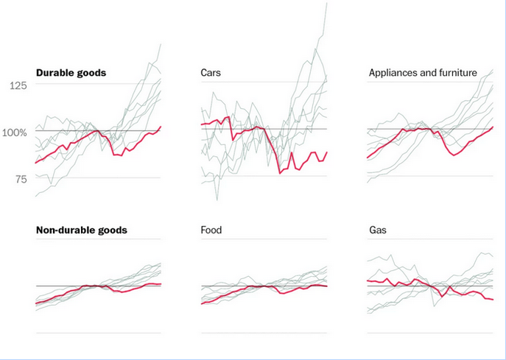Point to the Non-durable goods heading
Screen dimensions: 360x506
[81, 230]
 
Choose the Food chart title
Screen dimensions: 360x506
[211, 230]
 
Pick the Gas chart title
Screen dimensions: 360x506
[377, 230]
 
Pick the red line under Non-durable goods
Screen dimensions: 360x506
[74, 292]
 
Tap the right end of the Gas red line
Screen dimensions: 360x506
[492, 300]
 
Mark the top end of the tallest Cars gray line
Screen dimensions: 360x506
[326, 3]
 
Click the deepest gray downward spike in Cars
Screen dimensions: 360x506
[217, 200]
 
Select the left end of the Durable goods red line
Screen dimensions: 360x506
[35, 163]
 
